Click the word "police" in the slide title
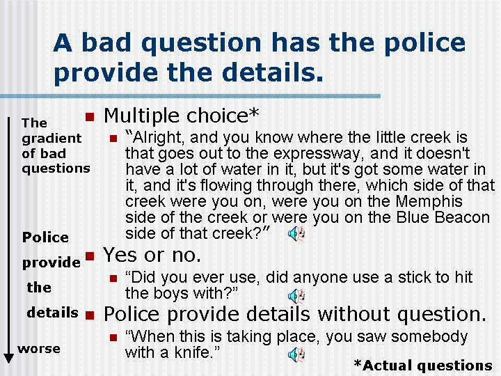[425, 43]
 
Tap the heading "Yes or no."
[152, 254]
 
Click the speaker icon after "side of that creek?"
[296, 234]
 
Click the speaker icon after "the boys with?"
[296, 295]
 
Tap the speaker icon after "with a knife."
[296, 355]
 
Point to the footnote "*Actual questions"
[422, 365]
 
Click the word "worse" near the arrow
[39, 348]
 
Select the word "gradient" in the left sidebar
[51, 138]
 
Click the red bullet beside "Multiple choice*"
[88, 115]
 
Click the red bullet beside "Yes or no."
[88, 254]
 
